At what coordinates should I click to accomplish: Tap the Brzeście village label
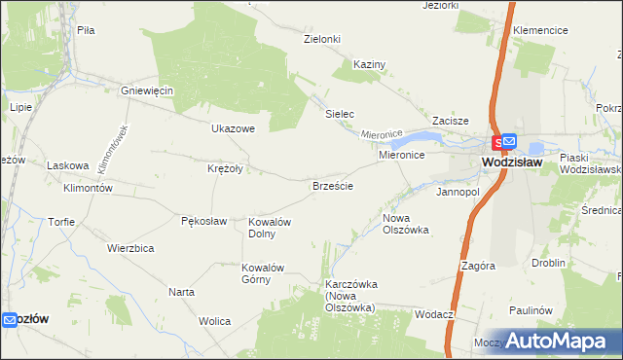pyautogui.click(x=332, y=185)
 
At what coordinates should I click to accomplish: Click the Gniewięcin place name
pyautogui.click(x=147, y=90)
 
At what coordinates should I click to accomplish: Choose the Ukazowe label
pyautogui.click(x=233, y=128)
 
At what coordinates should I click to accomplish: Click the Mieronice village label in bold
pyautogui.click(x=400, y=155)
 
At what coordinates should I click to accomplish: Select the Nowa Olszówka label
pyautogui.click(x=406, y=224)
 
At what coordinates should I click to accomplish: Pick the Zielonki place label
pyautogui.click(x=322, y=39)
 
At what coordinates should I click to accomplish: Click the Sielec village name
pyautogui.click(x=339, y=114)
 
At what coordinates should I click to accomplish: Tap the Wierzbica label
pyautogui.click(x=131, y=248)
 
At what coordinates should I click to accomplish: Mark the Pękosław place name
pyautogui.click(x=203, y=221)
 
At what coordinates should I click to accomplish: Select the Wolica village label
pyautogui.click(x=214, y=321)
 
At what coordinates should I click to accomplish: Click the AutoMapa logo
pyautogui.click(x=558, y=341)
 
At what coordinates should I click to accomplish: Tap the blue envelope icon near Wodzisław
pyautogui.click(x=509, y=142)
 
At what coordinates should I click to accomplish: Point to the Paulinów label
pyautogui.click(x=530, y=310)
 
